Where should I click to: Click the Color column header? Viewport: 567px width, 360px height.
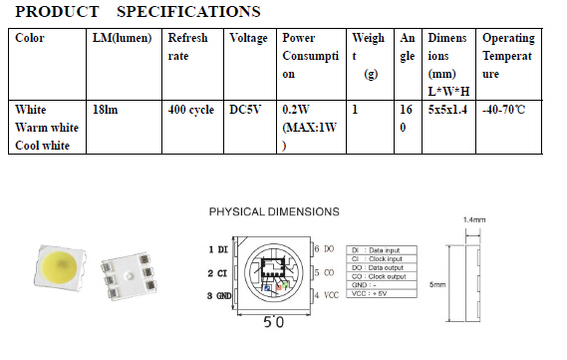click(x=31, y=38)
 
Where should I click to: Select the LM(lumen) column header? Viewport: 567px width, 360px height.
click(x=121, y=38)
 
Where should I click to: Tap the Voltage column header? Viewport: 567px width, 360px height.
click(x=247, y=38)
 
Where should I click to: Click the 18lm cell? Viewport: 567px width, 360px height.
click(x=105, y=109)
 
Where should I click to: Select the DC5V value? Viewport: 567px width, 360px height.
click(x=245, y=109)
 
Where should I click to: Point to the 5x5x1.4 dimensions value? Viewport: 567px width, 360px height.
click(x=447, y=109)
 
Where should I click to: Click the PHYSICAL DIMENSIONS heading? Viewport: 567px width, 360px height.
click(x=274, y=211)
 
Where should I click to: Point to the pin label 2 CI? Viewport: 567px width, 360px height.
click(x=219, y=272)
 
